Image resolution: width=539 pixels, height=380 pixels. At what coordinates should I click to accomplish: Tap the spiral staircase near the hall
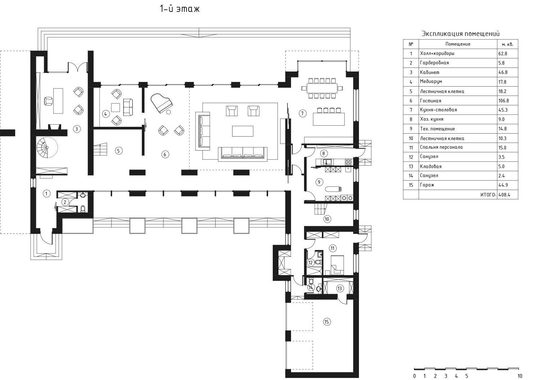(47, 147)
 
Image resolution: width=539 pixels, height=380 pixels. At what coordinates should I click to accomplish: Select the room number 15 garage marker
(327, 322)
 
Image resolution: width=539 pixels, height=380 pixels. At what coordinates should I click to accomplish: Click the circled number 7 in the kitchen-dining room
(303, 113)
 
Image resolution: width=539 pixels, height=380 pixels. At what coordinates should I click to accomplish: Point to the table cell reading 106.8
(504, 101)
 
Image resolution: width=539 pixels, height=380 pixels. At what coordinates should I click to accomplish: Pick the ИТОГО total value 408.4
(505, 195)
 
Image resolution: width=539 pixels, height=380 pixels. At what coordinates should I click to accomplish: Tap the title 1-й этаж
(180, 9)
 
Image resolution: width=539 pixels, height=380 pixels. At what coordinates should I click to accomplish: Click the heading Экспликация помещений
(461, 34)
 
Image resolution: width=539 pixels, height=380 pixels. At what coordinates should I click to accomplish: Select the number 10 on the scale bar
(520, 376)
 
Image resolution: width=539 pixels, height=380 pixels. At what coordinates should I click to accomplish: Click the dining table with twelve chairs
(322, 88)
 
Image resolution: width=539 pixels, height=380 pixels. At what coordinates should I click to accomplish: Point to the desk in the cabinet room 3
(58, 101)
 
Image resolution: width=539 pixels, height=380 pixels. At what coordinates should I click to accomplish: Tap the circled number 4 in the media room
(106, 114)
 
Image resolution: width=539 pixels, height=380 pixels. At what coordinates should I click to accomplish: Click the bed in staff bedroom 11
(337, 265)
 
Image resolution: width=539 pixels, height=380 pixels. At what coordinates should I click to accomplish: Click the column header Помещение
(458, 44)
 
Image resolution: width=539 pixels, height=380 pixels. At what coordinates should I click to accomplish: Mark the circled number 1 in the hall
(46, 193)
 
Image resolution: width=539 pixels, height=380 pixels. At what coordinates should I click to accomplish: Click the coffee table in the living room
(243, 131)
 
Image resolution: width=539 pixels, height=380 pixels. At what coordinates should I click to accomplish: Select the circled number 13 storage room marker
(340, 288)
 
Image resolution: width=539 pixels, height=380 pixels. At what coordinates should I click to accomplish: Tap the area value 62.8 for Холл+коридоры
(503, 54)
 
